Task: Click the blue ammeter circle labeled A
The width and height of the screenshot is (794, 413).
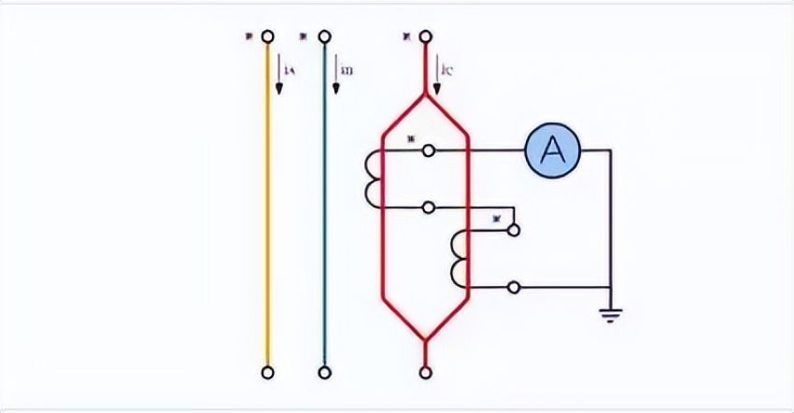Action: click(553, 150)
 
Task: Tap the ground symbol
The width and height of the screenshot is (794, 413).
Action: click(611, 316)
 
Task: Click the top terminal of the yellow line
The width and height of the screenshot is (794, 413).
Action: click(268, 37)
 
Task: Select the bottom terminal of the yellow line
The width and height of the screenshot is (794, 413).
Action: click(268, 373)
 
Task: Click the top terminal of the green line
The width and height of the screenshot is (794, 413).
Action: click(324, 37)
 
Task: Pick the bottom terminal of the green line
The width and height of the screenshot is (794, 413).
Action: click(324, 373)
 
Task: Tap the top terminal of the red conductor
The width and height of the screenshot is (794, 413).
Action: click(426, 37)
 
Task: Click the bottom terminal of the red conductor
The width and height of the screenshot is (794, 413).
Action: click(426, 373)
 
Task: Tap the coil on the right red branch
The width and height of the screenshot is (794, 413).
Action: click(457, 259)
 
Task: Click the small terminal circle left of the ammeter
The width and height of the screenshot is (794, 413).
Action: click(428, 150)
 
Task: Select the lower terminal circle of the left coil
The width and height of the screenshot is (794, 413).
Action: click(428, 206)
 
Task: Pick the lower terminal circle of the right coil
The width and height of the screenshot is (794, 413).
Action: click(512, 287)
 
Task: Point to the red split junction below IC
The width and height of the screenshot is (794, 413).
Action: click(426, 95)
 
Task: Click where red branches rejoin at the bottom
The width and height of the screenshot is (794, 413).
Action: click(426, 338)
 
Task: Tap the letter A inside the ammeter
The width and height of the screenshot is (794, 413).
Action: click(553, 150)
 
